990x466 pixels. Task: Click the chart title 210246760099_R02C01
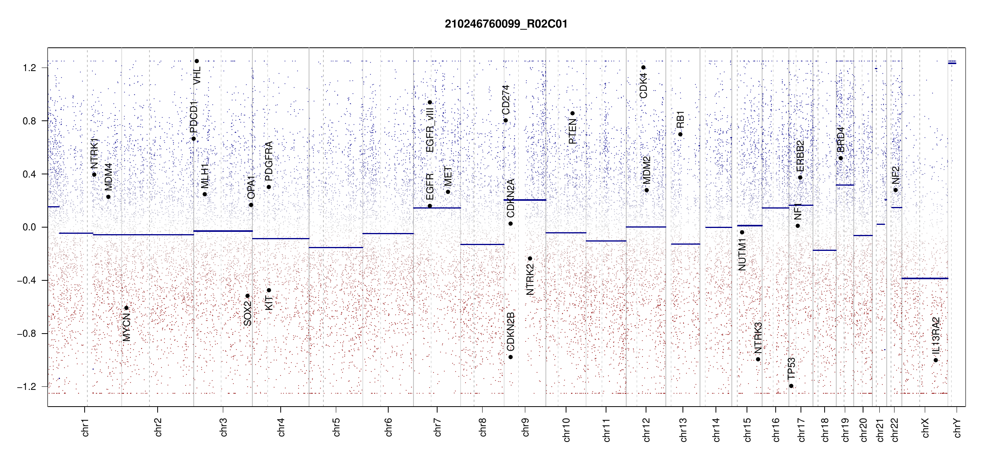pos(506,24)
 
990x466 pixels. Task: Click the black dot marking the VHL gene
pos(197,61)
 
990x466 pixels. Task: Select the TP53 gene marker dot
pos(791,386)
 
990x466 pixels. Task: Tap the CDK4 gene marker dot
pos(643,68)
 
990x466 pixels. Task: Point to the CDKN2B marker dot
pos(511,357)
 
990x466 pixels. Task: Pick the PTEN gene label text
pos(572,132)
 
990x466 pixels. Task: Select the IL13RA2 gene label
pos(936,336)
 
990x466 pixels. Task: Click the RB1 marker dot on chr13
pos(680,134)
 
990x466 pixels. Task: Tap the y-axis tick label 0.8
pos(30,121)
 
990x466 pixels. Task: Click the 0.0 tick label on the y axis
pos(30,227)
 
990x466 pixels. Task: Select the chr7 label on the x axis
pos(438,428)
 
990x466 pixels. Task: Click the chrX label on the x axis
pos(925,428)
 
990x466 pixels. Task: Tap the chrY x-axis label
pos(957,428)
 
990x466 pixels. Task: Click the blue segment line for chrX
pos(924,278)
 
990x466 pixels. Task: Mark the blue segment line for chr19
pos(845,185)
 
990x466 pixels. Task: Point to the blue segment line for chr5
pos(336,247)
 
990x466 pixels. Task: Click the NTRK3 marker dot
pos(758,359)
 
